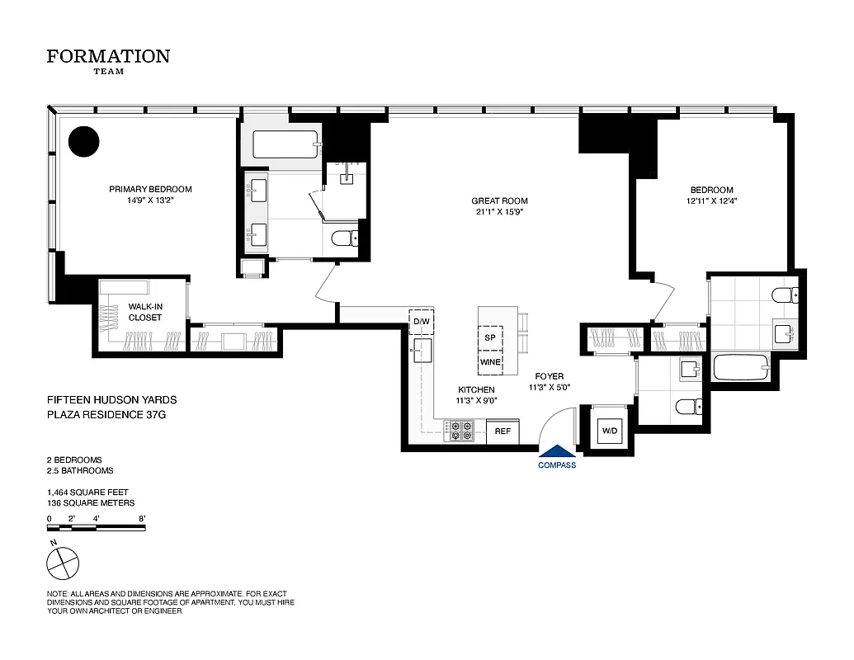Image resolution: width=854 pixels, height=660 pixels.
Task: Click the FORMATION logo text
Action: pyautogui.click(x=108, y=56)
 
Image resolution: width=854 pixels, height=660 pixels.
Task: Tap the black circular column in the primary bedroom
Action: pyautogui.click(x=83, y=141)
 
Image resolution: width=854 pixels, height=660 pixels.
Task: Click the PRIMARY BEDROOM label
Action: pyautogui.click(x=150, y=189)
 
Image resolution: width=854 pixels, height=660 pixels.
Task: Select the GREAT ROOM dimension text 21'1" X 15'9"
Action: pyautogui.click(x=499, y=212)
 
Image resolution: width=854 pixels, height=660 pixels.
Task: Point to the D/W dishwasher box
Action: pyautogui.click(x=422, y=320)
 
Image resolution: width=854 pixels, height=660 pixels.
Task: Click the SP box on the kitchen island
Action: pyautogui.click(x=490, y=338)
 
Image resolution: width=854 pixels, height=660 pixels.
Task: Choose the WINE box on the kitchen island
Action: pyautogui.click(x=490, y=361)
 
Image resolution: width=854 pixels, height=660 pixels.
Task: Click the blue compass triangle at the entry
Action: pyautogui.click(x=557, y=450)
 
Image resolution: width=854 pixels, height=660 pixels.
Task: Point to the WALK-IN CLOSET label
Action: pyautogui.click(x=144, y=312)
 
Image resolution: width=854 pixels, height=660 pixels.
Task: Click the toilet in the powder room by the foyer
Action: pyautogui.click(x=687, y=405)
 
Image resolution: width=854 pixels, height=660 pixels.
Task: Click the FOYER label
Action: pyautogui.click(x=549, y=376)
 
